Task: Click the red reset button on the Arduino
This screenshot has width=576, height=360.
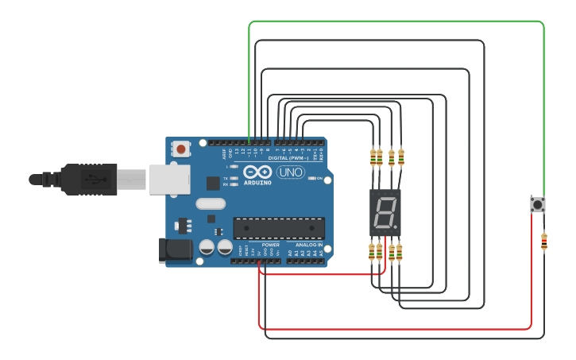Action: (182, 149)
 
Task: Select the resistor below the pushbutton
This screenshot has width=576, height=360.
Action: (543, 241)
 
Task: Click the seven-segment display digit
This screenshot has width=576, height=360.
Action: (385, 212)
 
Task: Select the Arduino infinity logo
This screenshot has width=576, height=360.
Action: (257, 172)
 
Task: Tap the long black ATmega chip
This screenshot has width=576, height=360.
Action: (278, 227)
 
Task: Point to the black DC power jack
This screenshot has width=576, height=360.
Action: (175, 250)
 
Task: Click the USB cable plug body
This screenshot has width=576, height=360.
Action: (92, 179)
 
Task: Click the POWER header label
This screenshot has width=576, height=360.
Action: (270, 245)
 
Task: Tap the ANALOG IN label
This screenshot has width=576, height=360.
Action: (308, 245)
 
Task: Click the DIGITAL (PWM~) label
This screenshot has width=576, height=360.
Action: (289, 157)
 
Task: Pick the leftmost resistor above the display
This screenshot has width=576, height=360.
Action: (373, 157)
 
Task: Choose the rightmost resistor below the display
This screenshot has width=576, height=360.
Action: (399, 252)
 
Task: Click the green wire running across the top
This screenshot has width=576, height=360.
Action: (397, 22)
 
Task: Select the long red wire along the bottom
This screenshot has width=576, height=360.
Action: (397, 328)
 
